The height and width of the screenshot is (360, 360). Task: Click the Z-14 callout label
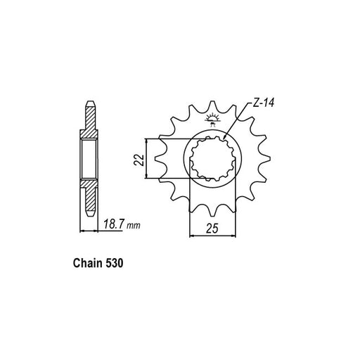[263, 103]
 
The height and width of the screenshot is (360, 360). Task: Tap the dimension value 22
[139, 160]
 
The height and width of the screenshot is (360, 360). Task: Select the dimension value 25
[212, 229]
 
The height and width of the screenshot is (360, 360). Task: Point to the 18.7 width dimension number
[114, 224]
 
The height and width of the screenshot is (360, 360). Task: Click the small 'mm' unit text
[134, 226]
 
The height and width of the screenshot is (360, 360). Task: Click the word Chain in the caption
[88, 263]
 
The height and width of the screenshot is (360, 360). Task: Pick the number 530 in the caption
[115, 263]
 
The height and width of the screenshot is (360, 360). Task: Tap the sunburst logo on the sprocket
[213, 120]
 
